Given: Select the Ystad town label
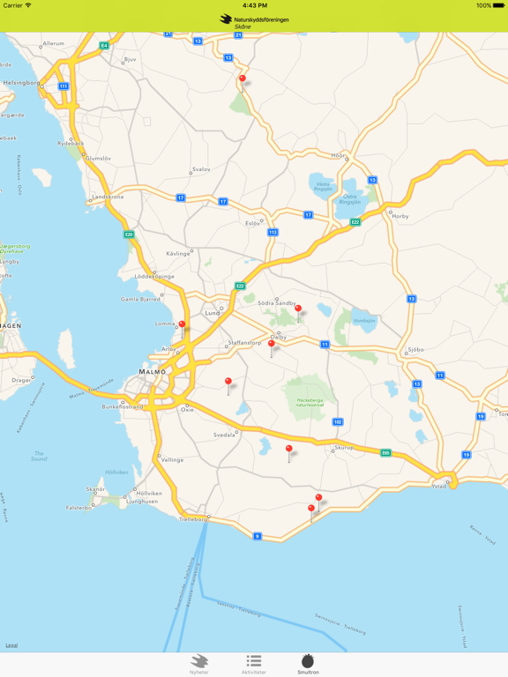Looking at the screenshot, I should pyautogui.click(x=439, y=487).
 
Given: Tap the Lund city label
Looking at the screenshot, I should pyautogui.click(x=213, y=313).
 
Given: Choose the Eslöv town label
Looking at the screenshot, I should pyautogui.click(x=253, y=223).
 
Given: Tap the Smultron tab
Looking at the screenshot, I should pyautogui.click(x=308, y=664).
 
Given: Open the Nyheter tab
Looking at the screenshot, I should pyautogui.click(x=199, y=664).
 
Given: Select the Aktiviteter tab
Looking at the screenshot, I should pyautogui.click(x=253, y=664).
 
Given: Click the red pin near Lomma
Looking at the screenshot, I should pyautogui.click(x=183, y=325).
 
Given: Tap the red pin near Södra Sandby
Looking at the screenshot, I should pyautogui.click(x=298, y=309).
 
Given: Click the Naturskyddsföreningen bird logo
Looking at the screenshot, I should pyautogui.click(x=227, y=19).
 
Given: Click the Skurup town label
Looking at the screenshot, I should pyautogui.click(x=343, y=448).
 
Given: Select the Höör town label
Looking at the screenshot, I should pyautogui.click(x=338, y=155).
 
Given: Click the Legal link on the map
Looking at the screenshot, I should pyautogui.click(x=11, y=645).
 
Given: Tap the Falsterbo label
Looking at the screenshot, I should pyautogui.click(x=79, y=508).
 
